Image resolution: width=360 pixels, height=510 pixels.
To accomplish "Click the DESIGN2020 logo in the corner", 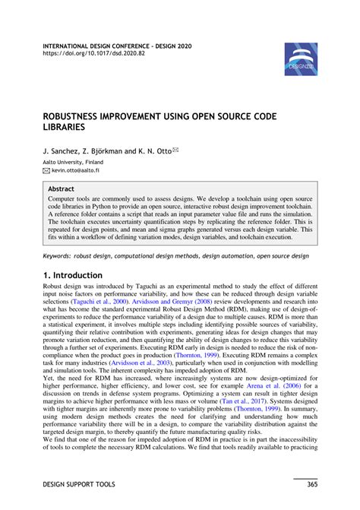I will click(301, 59).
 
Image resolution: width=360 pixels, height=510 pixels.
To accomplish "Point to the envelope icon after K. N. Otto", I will click(176, 150).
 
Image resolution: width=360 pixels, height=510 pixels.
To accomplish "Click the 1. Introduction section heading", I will click(72, 275).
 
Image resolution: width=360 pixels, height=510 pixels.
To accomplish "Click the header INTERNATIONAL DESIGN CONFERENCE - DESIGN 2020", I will click(115, 46).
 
